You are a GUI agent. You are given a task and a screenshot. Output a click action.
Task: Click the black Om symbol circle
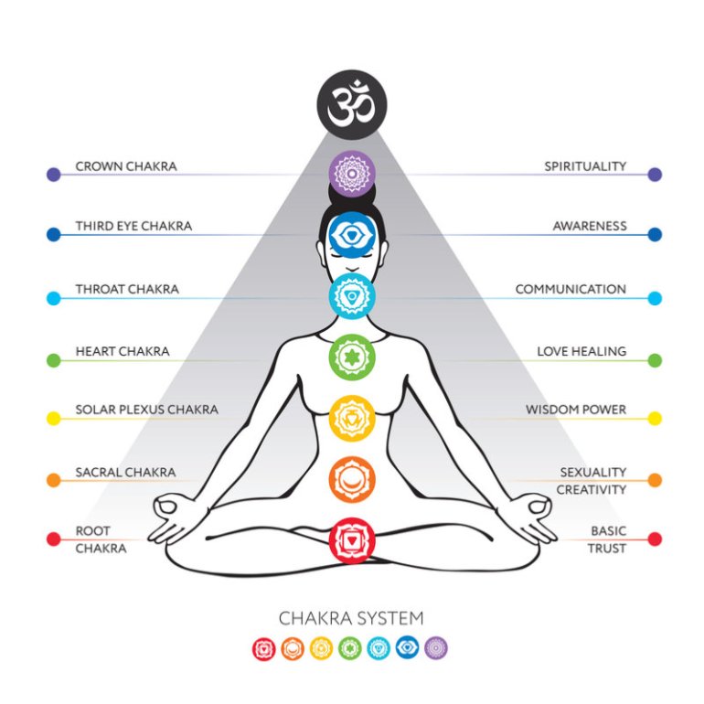352,104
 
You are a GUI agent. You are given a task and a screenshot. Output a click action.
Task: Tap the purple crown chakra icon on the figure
352,174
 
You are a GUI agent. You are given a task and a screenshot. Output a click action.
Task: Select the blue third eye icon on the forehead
352,234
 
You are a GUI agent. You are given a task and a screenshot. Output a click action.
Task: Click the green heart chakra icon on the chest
352,357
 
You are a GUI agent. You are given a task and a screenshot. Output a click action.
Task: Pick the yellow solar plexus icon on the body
352,418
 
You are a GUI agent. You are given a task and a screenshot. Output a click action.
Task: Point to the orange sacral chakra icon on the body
352,479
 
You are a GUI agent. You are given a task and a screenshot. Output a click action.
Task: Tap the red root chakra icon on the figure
352,540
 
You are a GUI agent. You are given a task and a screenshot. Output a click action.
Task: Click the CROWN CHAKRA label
126,166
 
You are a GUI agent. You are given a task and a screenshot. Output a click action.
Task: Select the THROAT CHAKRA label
127,289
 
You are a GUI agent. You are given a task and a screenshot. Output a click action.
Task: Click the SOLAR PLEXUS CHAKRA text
147,410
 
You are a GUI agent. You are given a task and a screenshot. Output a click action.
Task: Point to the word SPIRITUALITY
585,166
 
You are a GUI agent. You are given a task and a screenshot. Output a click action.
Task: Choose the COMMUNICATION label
571,289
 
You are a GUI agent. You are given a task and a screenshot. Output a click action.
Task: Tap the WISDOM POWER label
576,410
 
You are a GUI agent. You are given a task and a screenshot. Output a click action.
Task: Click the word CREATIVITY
592,489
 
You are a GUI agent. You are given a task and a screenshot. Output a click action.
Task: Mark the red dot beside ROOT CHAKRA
54,539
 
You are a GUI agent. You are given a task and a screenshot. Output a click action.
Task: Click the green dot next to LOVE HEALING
655,360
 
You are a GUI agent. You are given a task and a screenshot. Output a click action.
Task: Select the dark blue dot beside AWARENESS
655,234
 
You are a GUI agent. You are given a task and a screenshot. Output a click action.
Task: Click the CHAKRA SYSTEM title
351,618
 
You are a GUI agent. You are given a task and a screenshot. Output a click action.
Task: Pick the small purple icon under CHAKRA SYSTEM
436,648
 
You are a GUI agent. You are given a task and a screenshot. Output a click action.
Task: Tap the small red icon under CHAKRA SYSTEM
264,649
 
